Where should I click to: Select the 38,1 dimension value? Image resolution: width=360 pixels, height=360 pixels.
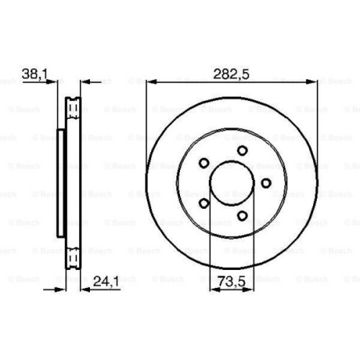tap(34, 73)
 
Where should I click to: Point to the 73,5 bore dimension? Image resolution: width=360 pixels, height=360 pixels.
tap(230, 280)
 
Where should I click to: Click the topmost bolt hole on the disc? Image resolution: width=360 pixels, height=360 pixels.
tap(242, 150)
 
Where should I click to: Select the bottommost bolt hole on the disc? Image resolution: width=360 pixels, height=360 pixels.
tap(242, 215)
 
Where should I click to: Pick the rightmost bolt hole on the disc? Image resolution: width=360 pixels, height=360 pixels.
tap(266, 182)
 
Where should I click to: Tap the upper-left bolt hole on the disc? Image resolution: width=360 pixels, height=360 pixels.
tap(204, 163)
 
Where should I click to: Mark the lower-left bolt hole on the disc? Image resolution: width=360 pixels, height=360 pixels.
tap(204, 202)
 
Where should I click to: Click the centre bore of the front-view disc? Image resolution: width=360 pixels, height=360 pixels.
tap(231, 183)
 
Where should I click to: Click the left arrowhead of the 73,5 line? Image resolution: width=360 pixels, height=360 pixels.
tap(212, 289)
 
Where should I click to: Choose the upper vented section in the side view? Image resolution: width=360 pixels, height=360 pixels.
tap(73, 108)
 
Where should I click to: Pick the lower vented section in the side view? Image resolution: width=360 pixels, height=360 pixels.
tap(73, 257)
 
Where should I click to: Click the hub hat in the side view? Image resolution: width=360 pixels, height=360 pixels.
tap(60, 183)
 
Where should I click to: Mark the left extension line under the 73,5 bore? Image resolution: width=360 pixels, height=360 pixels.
tap(209, 245)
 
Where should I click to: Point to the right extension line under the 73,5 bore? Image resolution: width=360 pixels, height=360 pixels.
tap(253, 245)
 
